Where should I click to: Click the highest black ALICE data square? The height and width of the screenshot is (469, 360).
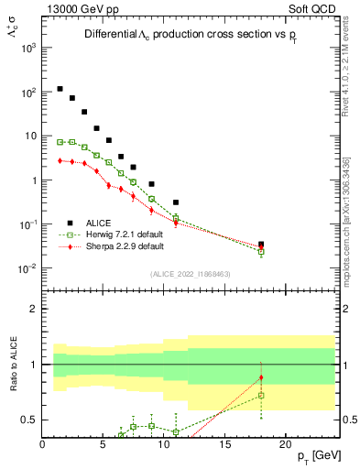tap(60, 89)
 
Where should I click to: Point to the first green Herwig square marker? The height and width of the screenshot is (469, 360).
tap(60, 142)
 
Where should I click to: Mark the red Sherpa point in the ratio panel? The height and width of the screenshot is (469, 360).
tap(261, 377)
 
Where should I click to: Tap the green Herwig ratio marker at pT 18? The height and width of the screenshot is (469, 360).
tap(261, 396)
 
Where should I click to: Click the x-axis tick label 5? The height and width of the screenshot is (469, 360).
tap(104, 445)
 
